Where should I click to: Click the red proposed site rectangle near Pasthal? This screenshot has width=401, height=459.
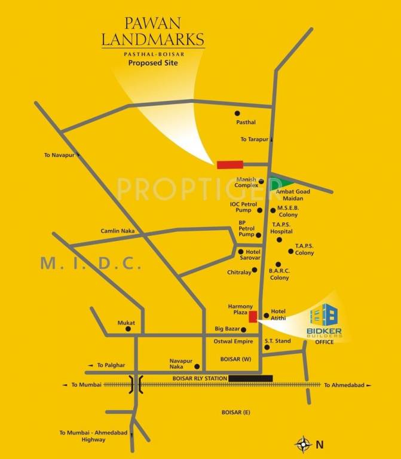click(x=229, y=164)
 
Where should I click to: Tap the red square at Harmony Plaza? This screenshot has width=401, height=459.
click(x=253, y=316)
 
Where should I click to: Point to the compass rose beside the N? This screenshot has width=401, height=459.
click(x=304, y=443)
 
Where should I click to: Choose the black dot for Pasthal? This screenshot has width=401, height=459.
click(x=237, y=112)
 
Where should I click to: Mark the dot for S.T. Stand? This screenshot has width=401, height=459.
click(x=267, y=347)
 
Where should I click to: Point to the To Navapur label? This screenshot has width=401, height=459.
click(x=58, y=155)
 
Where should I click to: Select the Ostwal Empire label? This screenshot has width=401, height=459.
click(x=230, y=341)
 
